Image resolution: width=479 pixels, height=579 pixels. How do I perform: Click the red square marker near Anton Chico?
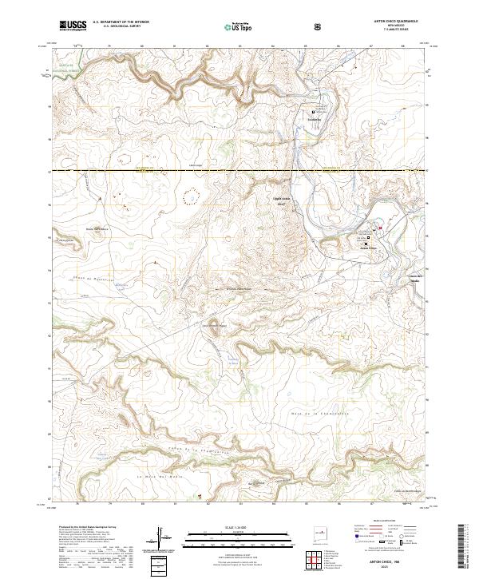click(381, 232)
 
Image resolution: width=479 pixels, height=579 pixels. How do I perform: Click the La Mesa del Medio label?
click(153, 476)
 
